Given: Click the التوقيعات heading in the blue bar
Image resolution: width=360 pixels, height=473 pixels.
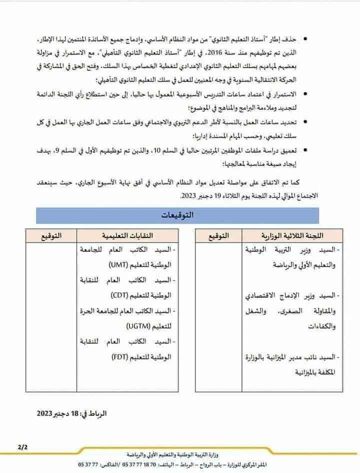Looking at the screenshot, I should click(178, 215).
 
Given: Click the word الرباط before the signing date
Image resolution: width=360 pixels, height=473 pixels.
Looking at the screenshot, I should click(96, 414).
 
